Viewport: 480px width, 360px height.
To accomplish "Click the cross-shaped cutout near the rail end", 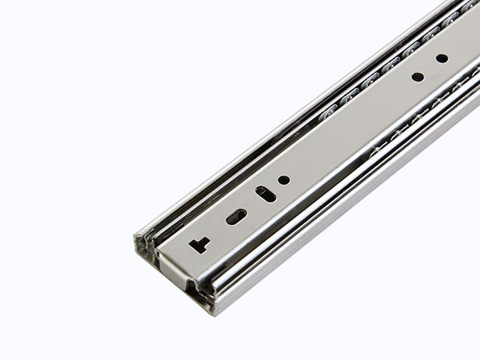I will (199, 244).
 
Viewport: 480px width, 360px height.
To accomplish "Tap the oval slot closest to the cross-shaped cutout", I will (236, 217).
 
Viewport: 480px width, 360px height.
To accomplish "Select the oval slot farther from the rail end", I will (266, 194).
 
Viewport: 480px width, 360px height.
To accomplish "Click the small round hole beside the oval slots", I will (284, 180).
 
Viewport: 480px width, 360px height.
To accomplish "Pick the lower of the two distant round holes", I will (418, 77).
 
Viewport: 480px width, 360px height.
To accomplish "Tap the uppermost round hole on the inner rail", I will (442, 59).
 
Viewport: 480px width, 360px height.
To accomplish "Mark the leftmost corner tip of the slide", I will (135, 242).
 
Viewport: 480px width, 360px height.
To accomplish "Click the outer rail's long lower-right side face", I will (348, 215).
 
